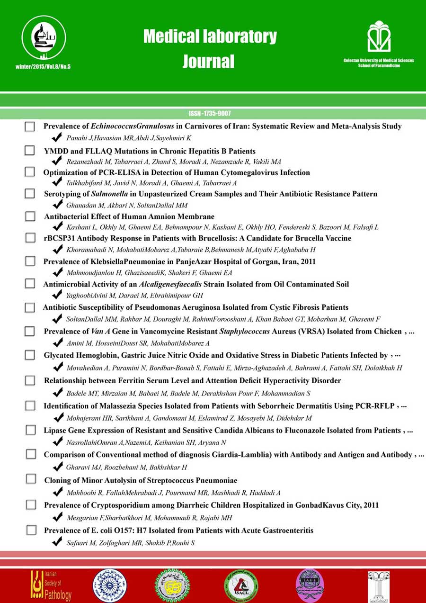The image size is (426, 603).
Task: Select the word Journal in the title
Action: [209, 61]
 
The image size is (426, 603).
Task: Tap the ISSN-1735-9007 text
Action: [209, 114]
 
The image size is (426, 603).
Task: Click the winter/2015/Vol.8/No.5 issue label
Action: [43, 66]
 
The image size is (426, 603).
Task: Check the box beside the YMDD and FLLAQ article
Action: [30, 151]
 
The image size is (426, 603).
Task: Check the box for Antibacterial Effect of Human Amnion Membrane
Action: [30, 216]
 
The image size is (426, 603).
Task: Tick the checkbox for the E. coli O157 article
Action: [31, 530]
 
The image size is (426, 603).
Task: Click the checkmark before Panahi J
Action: [57, 138]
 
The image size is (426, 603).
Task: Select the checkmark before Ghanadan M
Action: [57, 205]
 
